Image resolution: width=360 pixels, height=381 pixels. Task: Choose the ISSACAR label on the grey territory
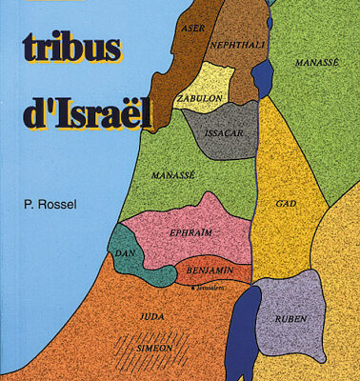click(223, 134)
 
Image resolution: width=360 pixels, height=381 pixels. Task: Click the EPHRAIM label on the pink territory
click(190, 231)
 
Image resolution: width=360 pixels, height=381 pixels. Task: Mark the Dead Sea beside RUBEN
click(245, 329)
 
